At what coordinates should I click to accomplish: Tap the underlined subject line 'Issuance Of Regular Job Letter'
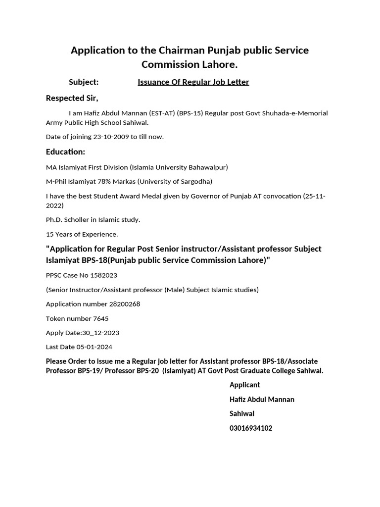click(x=193, y=82)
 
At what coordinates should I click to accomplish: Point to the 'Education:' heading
click(x=65, y=152)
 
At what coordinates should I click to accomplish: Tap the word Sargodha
click(x=194, y=181)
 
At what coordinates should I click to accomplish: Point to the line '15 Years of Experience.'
click(x=82, y=234)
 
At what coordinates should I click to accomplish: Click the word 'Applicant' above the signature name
click(x=244, y=385)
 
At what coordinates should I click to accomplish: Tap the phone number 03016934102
click(x=251, y=428)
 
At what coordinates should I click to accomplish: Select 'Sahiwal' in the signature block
click(x=242, y=413)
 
